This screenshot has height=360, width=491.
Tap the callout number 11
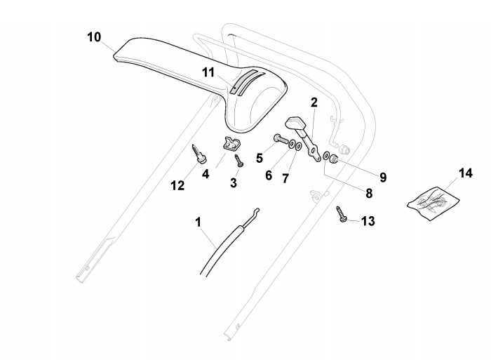click(x=208, y=72)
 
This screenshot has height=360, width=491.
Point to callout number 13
click(x=367, y=221)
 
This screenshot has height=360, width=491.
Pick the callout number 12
click(x=177, y=185)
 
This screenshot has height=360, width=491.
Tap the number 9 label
click(x=382, y=177)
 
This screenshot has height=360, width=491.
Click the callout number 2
click(x=314, y=102)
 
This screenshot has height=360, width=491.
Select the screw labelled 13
click(x=342, y=213)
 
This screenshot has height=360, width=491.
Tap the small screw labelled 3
click(x=238, y=159)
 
